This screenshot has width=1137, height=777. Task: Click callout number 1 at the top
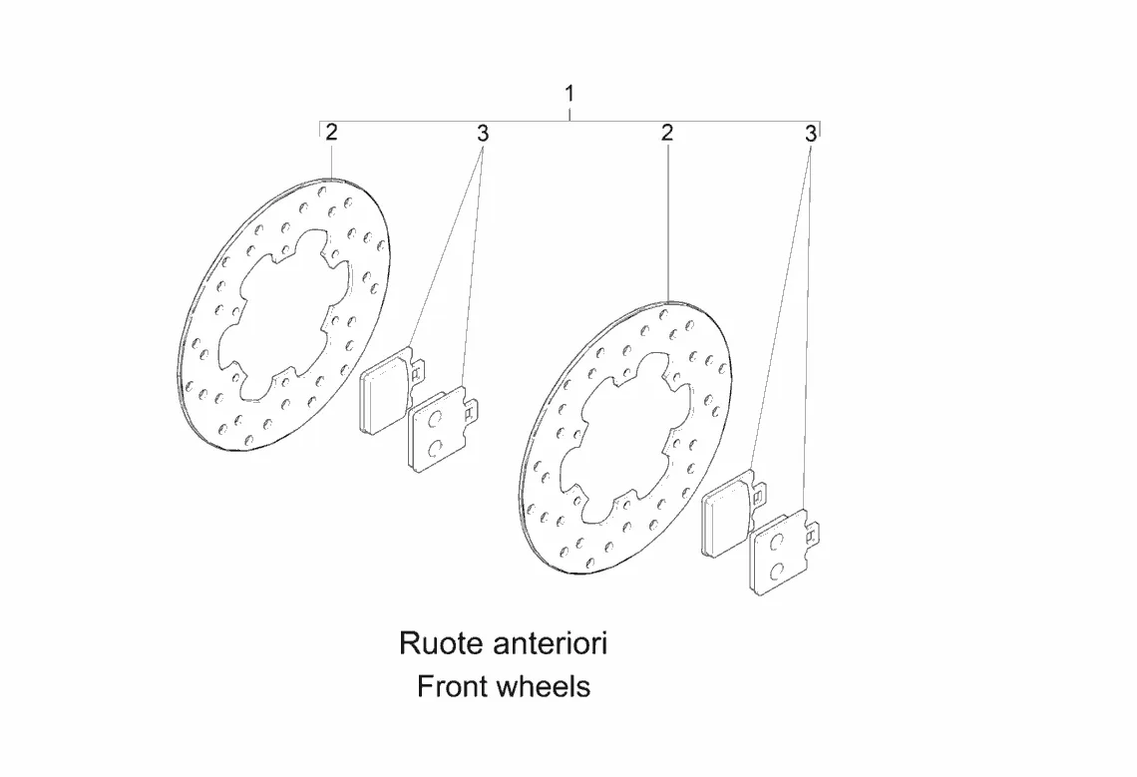coord(569,94)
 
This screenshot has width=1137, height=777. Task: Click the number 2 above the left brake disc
coord(331,133)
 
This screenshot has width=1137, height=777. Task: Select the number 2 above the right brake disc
coord(667,133)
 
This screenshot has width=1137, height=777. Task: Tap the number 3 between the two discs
coord(483,134)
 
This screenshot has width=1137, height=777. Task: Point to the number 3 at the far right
coord(811,134)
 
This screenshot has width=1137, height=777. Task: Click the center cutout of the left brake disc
coord(285,313)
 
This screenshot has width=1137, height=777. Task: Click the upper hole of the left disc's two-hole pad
coord(434,419)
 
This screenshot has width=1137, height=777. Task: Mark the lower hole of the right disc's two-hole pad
coord(776,571)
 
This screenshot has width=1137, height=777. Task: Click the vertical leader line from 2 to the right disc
coord(667,222)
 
